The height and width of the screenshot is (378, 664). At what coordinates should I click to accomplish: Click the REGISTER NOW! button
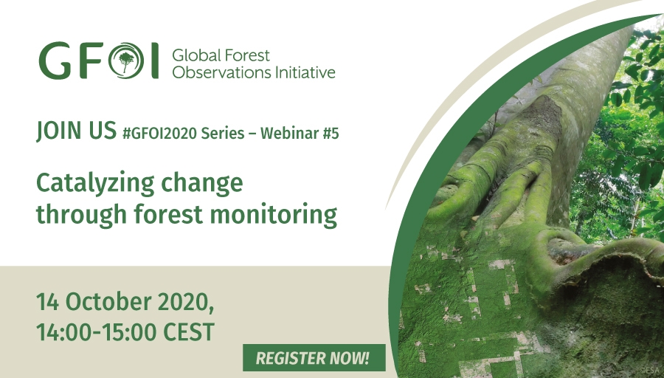(x=314, y=357)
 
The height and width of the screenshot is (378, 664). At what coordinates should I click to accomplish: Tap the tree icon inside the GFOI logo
(x=125, y=61)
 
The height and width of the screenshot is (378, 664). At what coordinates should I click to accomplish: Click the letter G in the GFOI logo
(x=55, y=61)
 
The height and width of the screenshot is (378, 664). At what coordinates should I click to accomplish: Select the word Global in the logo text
(x=196, y=55)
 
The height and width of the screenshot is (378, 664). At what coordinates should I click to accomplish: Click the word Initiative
(x=305, y=72)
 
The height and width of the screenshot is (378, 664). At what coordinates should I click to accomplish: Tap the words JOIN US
(x=76, y=130)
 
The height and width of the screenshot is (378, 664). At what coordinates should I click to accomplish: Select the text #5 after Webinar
(x=331, y=133)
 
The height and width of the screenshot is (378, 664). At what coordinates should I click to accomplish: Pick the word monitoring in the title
(x=274, y=214)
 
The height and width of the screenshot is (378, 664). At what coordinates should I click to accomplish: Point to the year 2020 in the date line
(x=185, y=303)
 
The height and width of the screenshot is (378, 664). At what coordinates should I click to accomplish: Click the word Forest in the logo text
(x=246, y=55)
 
